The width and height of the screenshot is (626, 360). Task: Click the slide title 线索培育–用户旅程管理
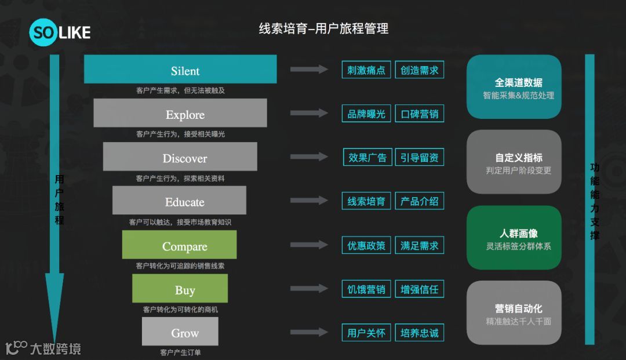(323, 28)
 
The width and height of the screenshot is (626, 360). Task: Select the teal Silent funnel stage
(180, 70)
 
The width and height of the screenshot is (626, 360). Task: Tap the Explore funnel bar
(180, 113)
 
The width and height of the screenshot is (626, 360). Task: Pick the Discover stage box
(180, 157)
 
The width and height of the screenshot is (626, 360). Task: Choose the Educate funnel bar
(180, 201)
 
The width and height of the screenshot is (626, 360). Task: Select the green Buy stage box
(180, 289)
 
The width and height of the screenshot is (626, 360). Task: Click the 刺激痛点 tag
(366, 70)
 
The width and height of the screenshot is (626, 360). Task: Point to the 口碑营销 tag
(420, 114)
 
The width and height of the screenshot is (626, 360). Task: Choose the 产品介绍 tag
(420, 201)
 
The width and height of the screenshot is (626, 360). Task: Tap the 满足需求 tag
(420, 245)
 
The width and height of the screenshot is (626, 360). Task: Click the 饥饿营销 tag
(366, 289)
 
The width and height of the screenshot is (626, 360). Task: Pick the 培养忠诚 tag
(420, 333)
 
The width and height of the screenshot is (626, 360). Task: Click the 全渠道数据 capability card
(514, 87)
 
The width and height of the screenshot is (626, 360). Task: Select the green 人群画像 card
(514, 238)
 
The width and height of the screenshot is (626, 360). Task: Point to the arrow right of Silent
(309, 70)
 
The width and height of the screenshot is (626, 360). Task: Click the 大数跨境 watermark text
(56, 348)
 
